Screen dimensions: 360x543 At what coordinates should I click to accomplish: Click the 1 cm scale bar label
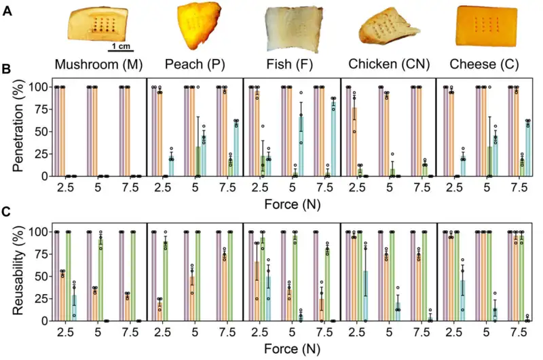[122, 46]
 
